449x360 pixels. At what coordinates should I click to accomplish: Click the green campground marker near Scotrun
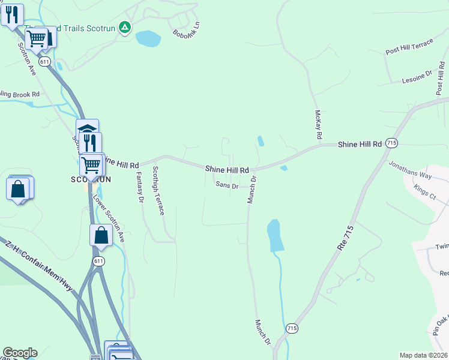pos(124,28)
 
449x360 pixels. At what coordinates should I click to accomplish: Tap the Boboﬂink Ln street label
pos(185,28)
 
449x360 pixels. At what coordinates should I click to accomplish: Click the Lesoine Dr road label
pos(417,76)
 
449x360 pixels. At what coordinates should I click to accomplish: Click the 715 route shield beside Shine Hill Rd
pos(392,143)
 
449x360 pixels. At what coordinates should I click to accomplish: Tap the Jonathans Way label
pos(410,170)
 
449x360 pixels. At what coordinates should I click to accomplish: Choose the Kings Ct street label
pos(425,193)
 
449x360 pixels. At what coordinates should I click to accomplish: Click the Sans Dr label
pos(228,186)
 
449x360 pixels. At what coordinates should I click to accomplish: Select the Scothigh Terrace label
pos(158,190)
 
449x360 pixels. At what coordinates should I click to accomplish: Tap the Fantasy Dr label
pos(140,186)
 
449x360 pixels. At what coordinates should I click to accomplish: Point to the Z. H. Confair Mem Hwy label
pos(39,267)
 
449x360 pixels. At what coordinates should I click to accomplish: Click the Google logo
pos(20,353)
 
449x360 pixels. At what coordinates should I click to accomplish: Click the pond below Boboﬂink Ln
pos(148,39)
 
